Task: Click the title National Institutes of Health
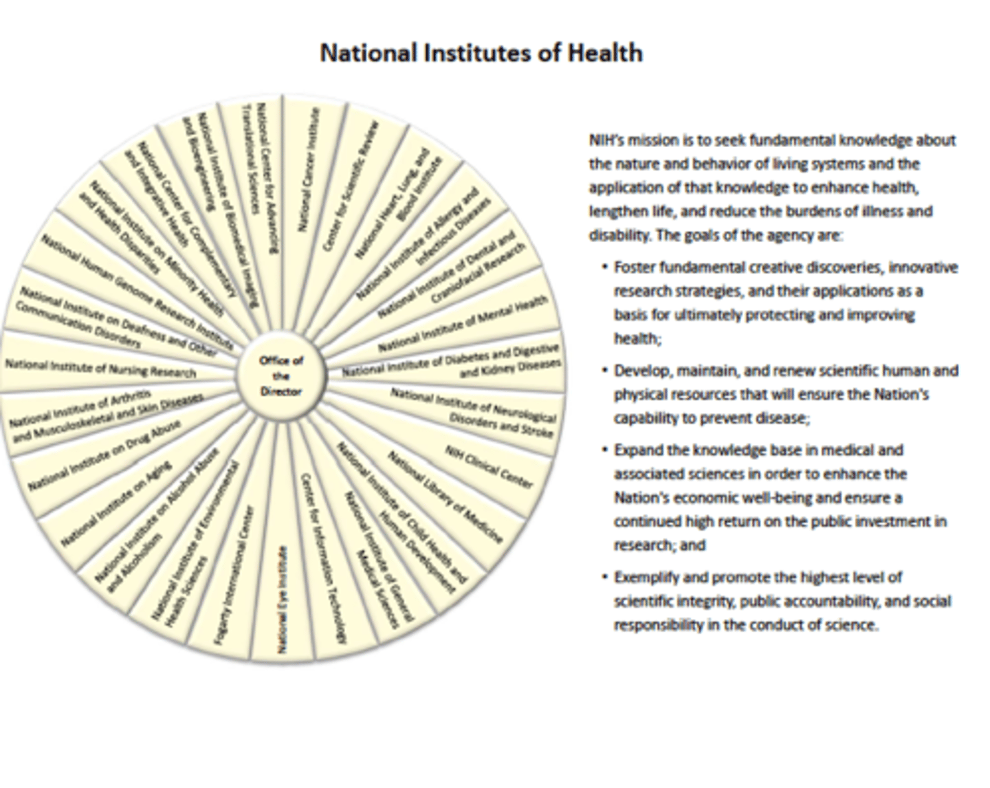point(481,53)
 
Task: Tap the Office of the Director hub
point(280,375)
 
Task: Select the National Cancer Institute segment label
point(307,169)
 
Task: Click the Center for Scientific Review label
point(351,186)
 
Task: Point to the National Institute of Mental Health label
point(463,323)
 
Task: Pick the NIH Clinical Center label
point(488,466)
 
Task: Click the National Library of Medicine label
point(444,496)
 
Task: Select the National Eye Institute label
point(282,600)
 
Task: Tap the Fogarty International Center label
point(234,575)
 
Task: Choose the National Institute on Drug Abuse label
point(104,456)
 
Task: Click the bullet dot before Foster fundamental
point(604,267)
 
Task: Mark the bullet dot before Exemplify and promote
point(604,577)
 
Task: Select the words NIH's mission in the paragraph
point(632,140)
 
